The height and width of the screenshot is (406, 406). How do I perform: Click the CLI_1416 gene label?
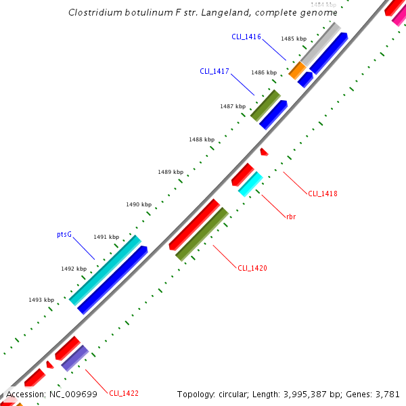[x=246, y=37]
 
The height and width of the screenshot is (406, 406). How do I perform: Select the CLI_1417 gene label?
[x=214, y=70]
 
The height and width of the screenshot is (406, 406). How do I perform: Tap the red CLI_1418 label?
[x=323, y=194]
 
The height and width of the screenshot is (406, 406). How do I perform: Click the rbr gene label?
[x=291, y=217]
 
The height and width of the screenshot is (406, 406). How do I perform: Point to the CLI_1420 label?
[x=252, y=268]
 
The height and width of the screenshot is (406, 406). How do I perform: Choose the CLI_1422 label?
[x=124, y=393]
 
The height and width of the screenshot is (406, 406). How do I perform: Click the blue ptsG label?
[x=64, y=235]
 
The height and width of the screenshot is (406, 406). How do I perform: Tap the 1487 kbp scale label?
[x=232, y=106]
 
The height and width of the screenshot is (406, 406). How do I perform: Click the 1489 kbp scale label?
[x=171, y=172]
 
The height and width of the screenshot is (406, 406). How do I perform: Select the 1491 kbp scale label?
[x=106, y=237]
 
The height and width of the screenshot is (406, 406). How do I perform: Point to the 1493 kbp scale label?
[x=41, y=299]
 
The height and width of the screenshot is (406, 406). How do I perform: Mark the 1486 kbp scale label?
[x=264, y=72]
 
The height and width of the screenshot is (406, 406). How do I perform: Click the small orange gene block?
[x=297, y=70]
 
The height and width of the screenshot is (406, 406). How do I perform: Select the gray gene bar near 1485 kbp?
[x=320, y=45]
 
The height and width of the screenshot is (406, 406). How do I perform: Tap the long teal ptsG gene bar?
[x=105, y=270]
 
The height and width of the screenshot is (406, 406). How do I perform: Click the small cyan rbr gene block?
[x=250, y=183]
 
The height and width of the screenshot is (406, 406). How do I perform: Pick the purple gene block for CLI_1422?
[x=74, y=357]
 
